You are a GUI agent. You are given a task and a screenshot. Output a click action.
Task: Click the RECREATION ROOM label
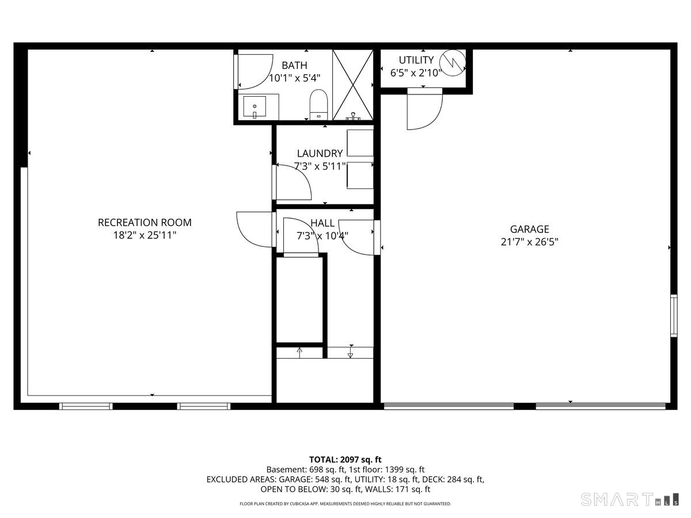click(145, 223)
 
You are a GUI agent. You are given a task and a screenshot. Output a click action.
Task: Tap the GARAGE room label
click(529, 229)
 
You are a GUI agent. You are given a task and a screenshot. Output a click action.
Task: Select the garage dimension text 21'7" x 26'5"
click(529, 242)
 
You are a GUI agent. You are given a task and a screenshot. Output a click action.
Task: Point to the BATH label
click(294, 66)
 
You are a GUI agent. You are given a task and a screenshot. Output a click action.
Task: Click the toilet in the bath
click(318, 104)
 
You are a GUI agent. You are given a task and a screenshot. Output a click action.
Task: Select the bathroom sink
click(255, 107)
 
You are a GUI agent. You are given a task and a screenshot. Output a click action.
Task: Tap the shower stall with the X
click(353, 85)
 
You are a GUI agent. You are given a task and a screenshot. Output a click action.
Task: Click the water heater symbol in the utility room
click(452, 62)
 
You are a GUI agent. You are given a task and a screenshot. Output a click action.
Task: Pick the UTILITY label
click(416, 60)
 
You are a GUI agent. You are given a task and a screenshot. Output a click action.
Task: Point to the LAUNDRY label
click(320, 154)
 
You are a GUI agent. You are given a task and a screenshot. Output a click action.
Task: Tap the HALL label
click(322, 223)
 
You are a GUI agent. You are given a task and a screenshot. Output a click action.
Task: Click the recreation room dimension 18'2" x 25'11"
click(145, 235)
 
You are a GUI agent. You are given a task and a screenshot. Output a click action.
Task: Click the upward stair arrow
click(299, 352)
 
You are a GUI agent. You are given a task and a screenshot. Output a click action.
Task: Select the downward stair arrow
click(350, 352)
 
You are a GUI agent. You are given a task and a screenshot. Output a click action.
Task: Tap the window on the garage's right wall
click(673, 315)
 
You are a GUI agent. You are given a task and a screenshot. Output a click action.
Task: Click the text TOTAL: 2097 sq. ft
click(345, 459)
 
